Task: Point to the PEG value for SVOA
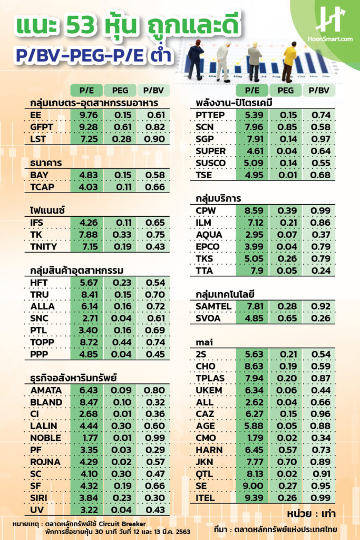coord(285,319)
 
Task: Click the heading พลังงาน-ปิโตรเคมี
coord(233,102)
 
